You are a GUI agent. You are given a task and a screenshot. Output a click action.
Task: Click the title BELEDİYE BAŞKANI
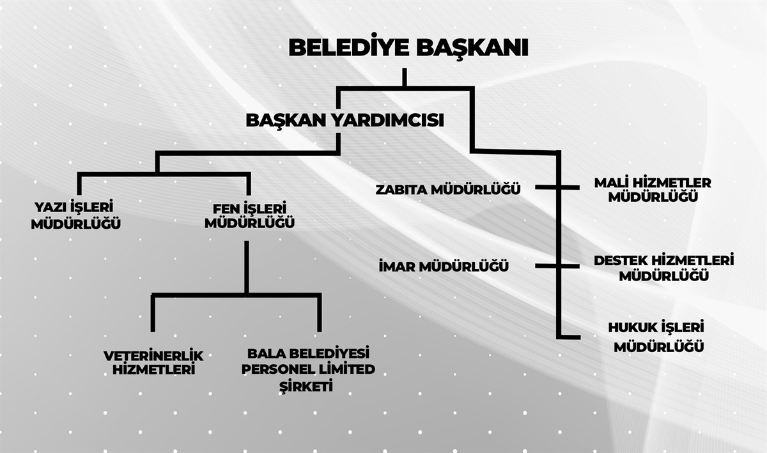coord(408,47)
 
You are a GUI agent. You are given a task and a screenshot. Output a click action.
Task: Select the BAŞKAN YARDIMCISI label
coord(345,120)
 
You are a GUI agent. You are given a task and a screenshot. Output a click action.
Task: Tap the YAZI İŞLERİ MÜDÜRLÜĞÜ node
coord(75,215)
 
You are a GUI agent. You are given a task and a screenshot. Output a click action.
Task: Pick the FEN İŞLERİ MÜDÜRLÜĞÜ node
coord(250,216)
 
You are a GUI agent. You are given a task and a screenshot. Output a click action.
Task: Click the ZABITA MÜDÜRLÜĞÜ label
coord(448,189)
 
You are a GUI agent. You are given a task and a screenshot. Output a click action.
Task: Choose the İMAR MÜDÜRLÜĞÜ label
coord(444,266)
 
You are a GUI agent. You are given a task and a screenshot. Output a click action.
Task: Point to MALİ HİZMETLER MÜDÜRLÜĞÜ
coord(653,190)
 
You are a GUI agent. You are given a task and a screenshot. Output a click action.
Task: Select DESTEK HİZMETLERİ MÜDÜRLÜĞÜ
coord(664,268)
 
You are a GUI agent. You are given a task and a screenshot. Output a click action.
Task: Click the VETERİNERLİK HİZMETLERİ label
coord(153,363)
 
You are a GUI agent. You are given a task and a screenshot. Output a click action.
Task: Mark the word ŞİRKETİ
coord(306,386)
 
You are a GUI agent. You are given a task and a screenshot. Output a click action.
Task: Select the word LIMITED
coord(343,369)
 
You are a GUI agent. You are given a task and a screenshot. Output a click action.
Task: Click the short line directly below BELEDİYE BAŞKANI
coord(405,77)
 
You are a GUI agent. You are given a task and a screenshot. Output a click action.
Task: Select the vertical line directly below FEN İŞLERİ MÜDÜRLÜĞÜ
coord(247,267)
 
